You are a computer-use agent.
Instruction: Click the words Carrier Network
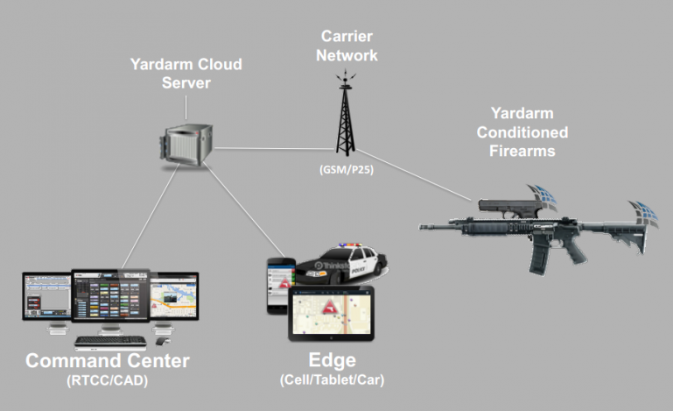pos(348,46)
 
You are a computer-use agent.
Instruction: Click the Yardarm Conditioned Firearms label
pos(529,132)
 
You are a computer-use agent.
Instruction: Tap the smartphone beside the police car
pos(278,285)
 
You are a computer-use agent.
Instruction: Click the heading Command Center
pos(107,362)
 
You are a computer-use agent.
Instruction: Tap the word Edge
pos(332,362)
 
